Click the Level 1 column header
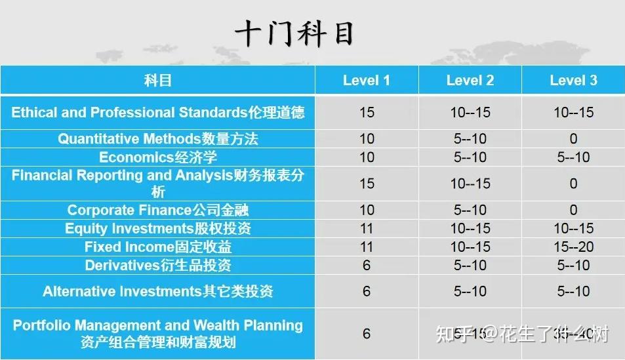(367, 81)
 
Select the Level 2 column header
(470, 81)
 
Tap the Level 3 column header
(573, 81)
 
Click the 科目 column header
(157, 81)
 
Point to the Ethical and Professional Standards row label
(157, 112)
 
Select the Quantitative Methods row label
(157, 138)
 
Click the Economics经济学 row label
(157, 157)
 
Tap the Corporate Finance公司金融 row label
(157, 210)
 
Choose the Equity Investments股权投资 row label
(157, 228)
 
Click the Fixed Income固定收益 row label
(157, 247)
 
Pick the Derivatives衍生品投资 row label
(157, 266)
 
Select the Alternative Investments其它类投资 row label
(157, 291)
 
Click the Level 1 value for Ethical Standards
(367, 112)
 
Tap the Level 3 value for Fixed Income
(573, 247)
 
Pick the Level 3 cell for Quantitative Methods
(573, 138)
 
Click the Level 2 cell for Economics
(470, 157)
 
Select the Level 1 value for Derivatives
(367, 266)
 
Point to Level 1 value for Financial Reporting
(367, 184)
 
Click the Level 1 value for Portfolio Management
(367, 334)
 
